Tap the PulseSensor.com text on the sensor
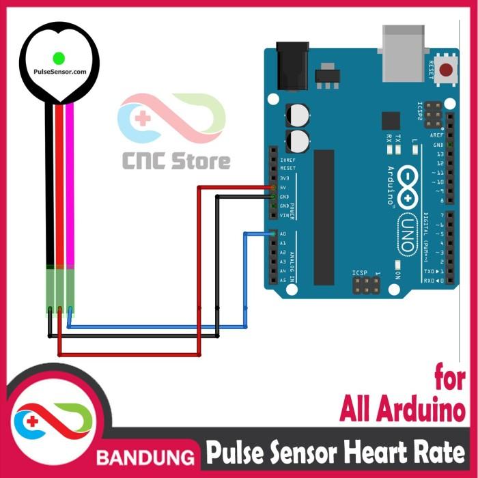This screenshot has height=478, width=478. [x=59, y=71]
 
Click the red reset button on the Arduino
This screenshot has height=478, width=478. [x=447, y=69]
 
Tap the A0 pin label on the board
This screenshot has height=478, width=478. [x=283, y=234]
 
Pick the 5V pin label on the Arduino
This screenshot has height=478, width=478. [x=283, y=187]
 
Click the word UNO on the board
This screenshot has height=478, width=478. [x=406, y=232]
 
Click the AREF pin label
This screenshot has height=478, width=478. [x=437, y=135]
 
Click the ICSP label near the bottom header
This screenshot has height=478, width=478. [x=360, y=273]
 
